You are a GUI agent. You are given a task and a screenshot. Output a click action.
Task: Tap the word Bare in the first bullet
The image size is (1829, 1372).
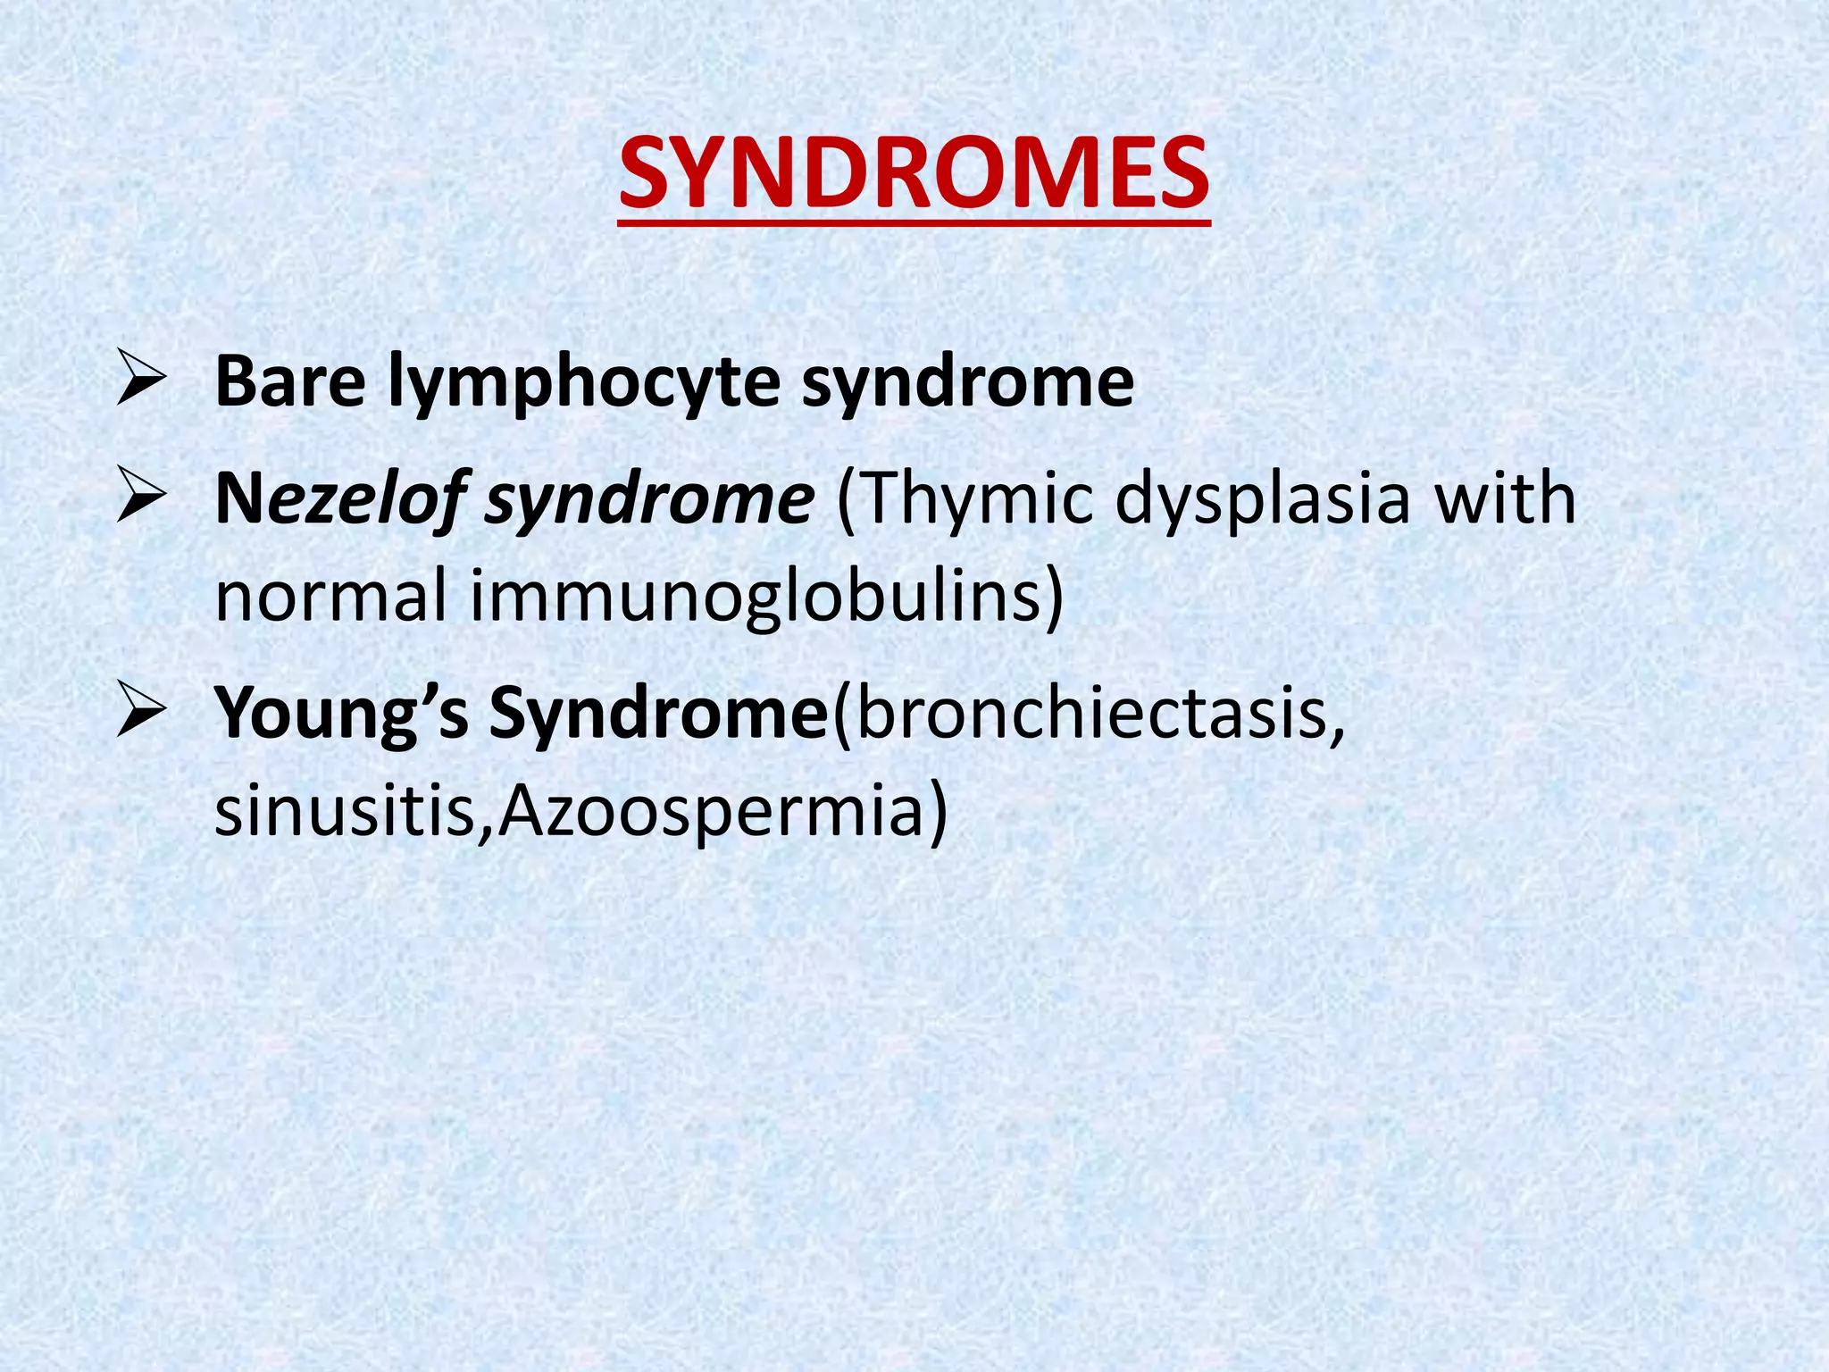290,382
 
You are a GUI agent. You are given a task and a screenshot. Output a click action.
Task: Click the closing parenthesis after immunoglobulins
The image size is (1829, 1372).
1055,597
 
